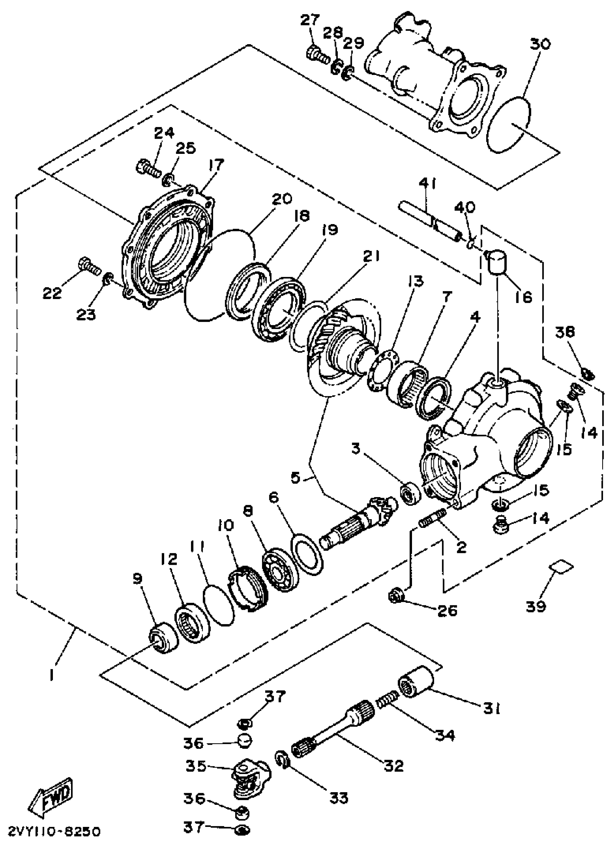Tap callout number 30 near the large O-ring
(540, 44)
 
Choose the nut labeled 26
(397, 594)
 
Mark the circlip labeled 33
(283, 760)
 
